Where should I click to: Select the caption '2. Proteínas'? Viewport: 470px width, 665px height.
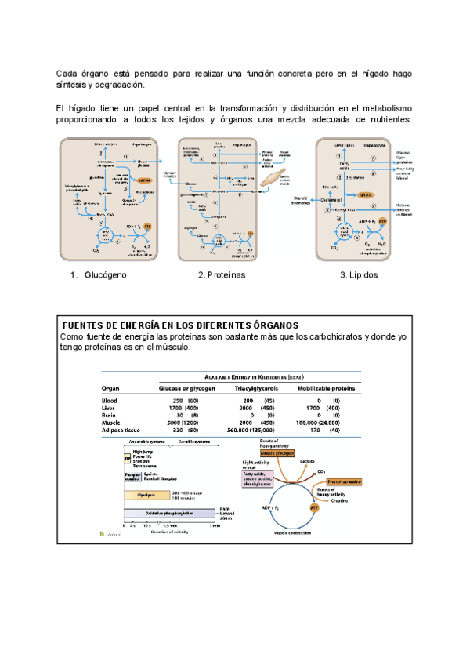pos(222,275)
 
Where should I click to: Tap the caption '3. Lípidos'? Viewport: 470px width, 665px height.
pos(359,275)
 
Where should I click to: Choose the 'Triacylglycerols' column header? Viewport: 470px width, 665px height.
pos(261,388)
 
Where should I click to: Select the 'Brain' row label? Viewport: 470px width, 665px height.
pos(111,416)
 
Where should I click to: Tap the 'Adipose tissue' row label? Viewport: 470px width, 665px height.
pos(125,431)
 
